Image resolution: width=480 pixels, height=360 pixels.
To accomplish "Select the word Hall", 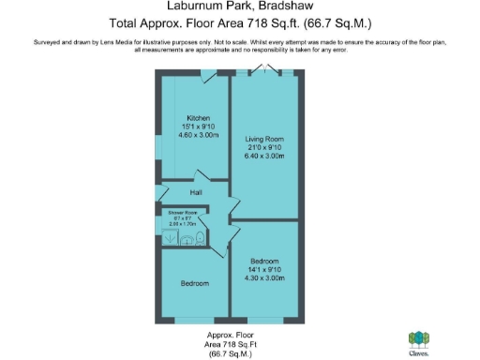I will pos(197,193).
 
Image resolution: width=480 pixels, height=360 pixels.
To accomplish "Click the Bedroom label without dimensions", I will pos(194,282).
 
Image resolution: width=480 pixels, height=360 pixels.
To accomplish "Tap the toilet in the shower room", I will pos(200,239).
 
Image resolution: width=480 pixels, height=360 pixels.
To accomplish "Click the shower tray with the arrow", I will pos(169,238).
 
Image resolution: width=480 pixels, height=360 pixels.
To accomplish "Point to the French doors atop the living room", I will pos(266,68).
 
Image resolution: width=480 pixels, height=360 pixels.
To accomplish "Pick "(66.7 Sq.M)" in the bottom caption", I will pos(231,353).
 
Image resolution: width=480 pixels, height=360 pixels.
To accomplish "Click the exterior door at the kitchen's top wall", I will pos(209,72).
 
